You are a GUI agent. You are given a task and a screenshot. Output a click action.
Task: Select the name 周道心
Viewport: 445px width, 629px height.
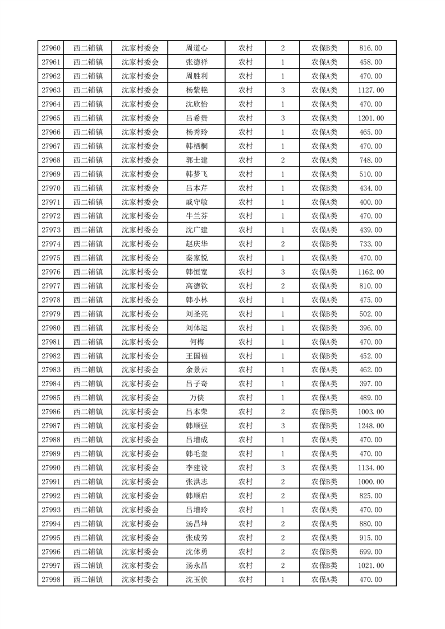pyautogui.click(x=197, y=48)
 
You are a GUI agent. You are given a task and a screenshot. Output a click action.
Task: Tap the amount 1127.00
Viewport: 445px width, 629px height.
pyautogui.click(x=371, y=90)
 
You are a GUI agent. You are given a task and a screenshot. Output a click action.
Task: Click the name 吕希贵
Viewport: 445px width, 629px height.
pyautogui.click(x=197, y=118)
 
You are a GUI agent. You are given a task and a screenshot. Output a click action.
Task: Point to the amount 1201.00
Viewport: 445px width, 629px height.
pyautogui.click(x=371, y=118)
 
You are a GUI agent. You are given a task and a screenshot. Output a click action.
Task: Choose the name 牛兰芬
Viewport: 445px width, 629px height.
pyautogui.click(x=197, y=216)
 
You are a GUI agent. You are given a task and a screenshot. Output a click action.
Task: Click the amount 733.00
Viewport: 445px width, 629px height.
pyautogui.click(x=371, y=244)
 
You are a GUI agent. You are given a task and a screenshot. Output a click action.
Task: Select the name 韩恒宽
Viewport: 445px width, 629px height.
pyautogui.click(x=197, y=272)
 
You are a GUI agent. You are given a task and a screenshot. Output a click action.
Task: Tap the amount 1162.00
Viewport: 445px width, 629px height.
pyautogui.click(x=371, y=272)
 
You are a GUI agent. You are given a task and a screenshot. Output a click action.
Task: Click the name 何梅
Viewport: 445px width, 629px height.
pyautogui.click(x=197, y=342)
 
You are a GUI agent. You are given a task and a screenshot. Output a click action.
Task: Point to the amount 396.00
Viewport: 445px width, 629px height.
pyautogui.click(x=371, y=328)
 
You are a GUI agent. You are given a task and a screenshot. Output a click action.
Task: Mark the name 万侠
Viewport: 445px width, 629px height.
pyautogui.click(x=197, y=398)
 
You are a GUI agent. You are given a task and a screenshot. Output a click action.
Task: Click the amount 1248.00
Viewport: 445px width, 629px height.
pyautogui.click(x=371, y=426)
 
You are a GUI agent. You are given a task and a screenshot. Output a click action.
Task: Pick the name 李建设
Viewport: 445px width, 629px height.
pyautogui.click(x=197, y=468)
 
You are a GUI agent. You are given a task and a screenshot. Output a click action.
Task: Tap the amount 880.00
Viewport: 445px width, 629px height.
pyautogui.click(x=371, y=524)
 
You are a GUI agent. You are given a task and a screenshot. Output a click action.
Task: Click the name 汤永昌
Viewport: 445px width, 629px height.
pyautogui.click(x=197, y=566)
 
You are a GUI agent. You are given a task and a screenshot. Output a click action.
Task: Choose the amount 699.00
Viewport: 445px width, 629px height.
pyautogui.click(x=371, y=552)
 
